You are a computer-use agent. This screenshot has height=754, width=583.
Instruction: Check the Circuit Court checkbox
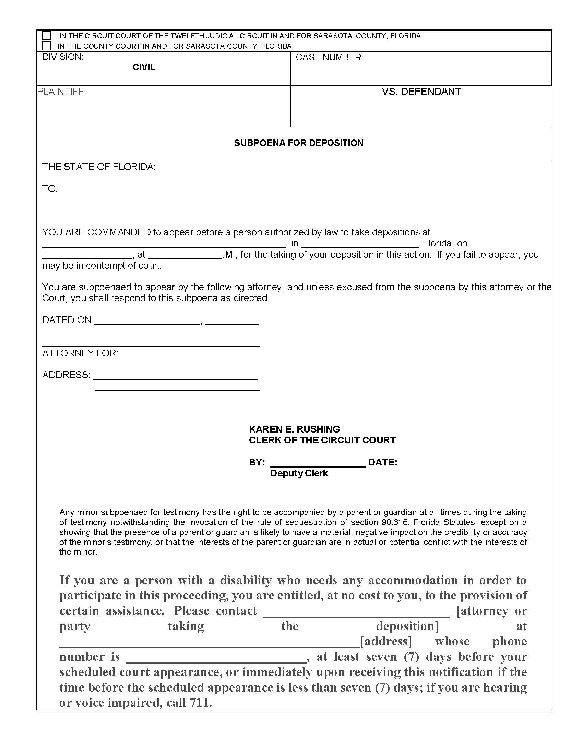coord(46,36)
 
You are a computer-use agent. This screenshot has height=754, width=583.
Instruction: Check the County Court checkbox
coord(46,46)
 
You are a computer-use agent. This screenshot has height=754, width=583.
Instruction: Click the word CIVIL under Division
coord(144,67)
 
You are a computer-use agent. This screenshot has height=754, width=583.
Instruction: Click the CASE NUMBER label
coord(329,58)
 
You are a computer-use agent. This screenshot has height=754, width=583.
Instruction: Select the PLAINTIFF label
coord(60,92)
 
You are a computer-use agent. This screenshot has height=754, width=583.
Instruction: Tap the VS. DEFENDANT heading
coord(421,92)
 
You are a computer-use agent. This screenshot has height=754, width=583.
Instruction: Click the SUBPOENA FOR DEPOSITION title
coord(299,143)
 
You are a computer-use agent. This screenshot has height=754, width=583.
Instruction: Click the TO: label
coord(50,189)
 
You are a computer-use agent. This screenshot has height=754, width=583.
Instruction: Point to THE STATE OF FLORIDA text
coord(99,167)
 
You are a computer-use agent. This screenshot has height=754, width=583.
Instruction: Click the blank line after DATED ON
coord(147,323)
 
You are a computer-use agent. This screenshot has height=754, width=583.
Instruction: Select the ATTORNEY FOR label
coord(80,353)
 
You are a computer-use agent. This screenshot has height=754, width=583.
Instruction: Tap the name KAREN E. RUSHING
coord(294,429)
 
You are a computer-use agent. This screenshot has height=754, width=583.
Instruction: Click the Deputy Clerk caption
coord(299,473)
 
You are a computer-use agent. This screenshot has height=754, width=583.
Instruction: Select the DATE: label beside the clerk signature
coord(383,462)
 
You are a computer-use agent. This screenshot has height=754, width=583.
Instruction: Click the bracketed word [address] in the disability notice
coord(386,641)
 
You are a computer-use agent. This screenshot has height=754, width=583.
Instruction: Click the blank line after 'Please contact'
coord(356,614)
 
